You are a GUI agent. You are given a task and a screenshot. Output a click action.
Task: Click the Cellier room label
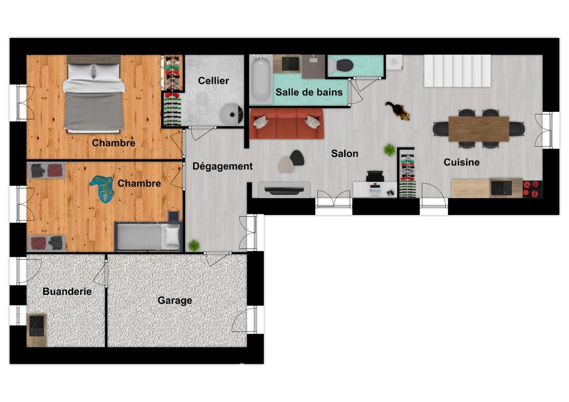[x=213, y=81]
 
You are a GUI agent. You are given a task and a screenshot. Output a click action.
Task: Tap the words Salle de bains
[x=309, y=92]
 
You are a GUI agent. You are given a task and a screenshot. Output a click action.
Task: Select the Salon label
[x=344, y=153]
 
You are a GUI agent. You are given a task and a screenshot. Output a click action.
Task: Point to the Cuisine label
[x=461, y=162]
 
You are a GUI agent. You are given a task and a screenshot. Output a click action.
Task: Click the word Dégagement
[x=222, y=166]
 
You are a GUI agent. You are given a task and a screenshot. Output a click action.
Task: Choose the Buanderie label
[x=67, y=291]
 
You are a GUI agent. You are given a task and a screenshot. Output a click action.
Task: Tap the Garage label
[x=174, y=301]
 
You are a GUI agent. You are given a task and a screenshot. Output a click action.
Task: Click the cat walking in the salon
[x=398, y=110]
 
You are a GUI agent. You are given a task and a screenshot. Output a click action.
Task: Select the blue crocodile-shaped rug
[x=102, y=188]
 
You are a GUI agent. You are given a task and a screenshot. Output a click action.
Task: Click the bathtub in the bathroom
[x=261, y=79]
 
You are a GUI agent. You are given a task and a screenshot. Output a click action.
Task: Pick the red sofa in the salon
[x=287, y=123]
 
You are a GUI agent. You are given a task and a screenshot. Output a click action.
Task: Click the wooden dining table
[x=479, y=128]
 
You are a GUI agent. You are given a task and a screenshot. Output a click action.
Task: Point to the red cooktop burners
[x=532, y=189]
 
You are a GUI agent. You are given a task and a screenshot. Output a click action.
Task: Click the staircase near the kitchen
[x=457, y=70]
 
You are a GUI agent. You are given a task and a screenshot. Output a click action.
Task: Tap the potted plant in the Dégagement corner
[x=194, y=246]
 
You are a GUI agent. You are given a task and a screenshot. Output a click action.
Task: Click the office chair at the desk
[x=375, y=176]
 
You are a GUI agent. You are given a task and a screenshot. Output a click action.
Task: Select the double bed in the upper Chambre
[x=94, y=94]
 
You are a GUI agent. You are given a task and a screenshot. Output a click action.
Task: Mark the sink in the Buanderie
[x=36, y=326]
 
